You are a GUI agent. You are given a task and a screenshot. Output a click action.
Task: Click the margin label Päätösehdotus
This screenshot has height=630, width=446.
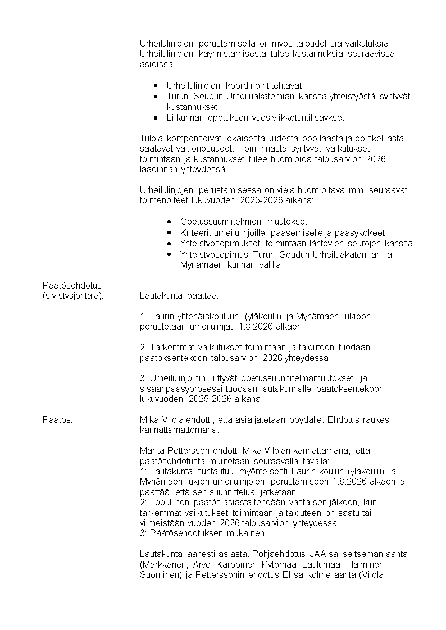pyautogui.click(x=72, y=285)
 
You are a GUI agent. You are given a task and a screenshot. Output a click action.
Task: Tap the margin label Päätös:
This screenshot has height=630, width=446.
pyautogui.click(x=57, y=419)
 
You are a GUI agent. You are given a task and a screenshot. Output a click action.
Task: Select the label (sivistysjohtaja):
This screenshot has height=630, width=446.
pyautogui.click(x=73, y=295)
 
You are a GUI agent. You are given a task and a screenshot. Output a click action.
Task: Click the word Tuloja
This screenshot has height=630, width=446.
pyautogui.click(x=152, y=138)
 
